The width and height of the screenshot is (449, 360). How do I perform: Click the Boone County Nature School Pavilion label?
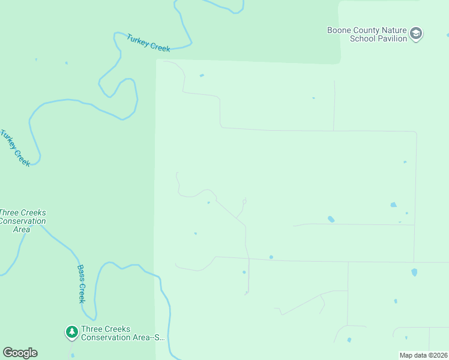367,34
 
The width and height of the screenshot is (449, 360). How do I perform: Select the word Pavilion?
392,38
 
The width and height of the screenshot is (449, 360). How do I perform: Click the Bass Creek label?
82,284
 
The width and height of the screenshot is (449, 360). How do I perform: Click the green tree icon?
72,331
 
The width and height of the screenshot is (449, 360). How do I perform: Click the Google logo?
20,353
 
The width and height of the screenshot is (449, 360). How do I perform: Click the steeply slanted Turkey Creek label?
16,148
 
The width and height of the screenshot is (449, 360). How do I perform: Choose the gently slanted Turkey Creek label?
149,43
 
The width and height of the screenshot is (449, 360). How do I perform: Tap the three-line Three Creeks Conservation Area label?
22,221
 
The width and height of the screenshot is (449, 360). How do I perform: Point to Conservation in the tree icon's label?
106,337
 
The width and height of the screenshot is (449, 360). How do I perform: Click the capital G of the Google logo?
8,353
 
